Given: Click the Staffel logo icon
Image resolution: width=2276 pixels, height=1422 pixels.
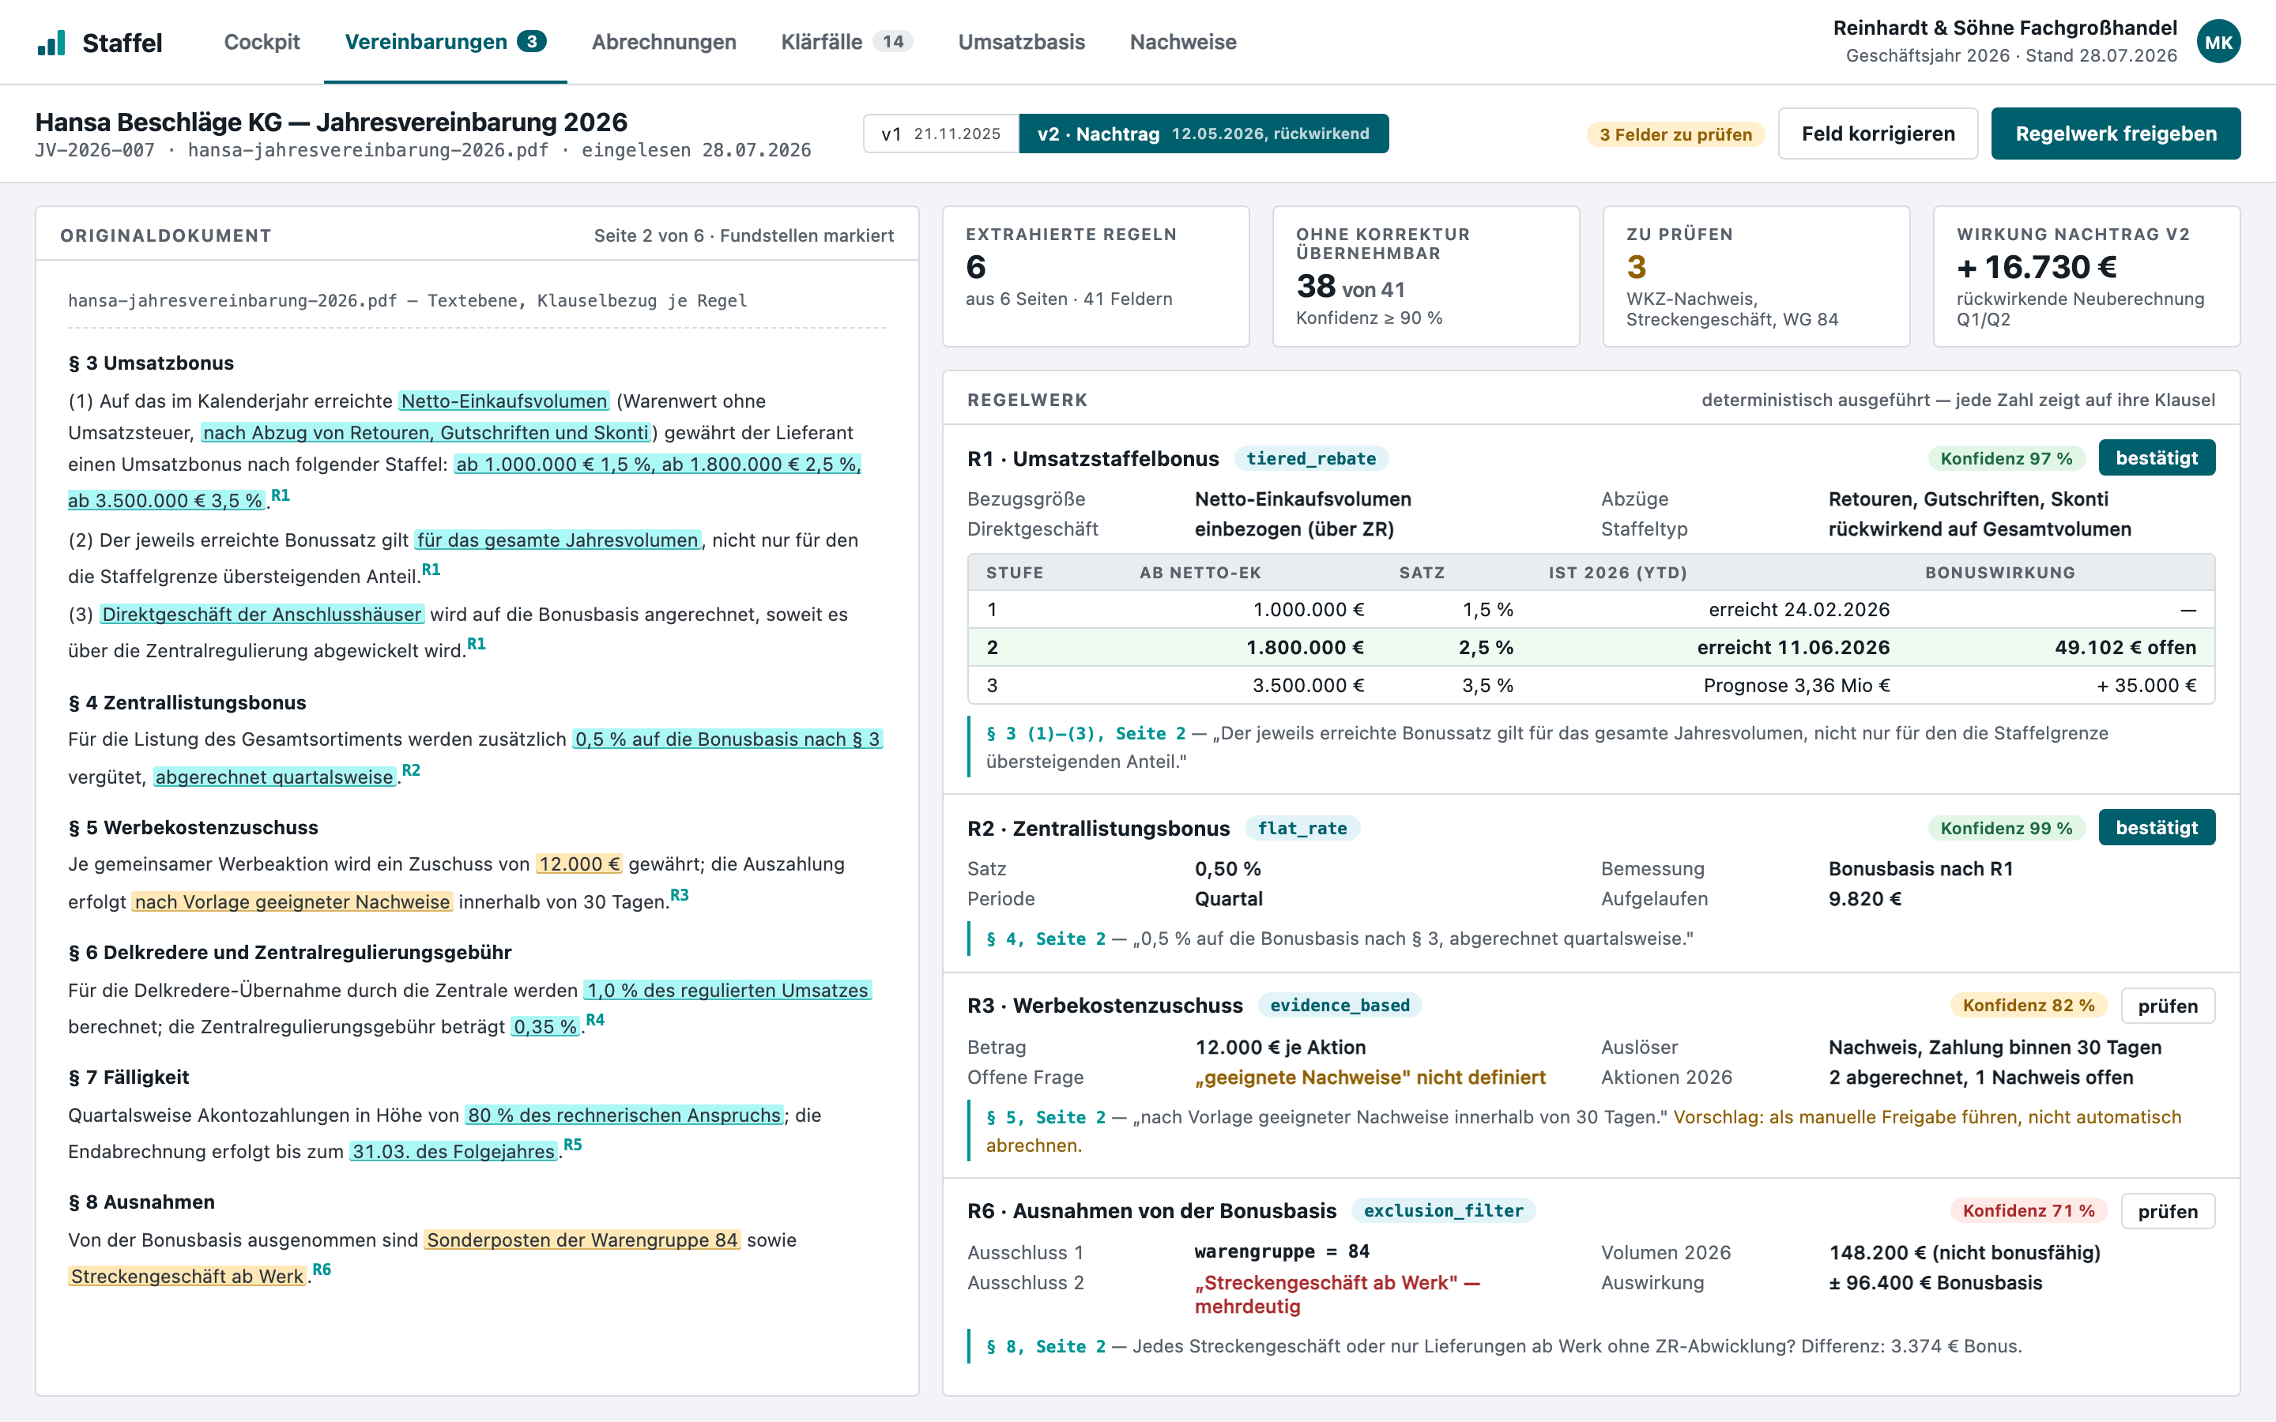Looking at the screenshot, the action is point(51,43).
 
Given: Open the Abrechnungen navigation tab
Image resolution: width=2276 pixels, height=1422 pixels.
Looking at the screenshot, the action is point(663,43).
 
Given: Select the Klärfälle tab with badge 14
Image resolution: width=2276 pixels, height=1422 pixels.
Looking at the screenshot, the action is point(846,43).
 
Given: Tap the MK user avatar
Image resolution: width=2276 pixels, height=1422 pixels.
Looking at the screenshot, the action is point(2218,43).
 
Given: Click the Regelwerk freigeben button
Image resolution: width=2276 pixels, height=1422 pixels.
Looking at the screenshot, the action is point(2115,134).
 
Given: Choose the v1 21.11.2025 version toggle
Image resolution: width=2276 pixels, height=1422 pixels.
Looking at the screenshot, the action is point(940,134).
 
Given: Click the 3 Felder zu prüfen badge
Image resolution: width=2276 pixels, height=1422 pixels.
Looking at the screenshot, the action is point(1675,134).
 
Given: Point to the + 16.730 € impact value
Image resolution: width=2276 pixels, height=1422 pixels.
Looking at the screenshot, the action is point(2037,267).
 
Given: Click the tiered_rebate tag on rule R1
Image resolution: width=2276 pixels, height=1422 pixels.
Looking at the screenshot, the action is point(1311,459).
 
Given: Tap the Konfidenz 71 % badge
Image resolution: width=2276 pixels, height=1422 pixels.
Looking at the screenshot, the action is point(2029,1210).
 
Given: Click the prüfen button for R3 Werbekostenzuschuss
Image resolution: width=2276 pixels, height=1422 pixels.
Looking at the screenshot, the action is point(2167,1006).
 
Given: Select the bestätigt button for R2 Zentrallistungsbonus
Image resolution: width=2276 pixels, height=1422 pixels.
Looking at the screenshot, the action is point(2157,828).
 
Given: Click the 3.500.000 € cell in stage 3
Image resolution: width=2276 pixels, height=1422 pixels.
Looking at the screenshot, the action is point(1307,686).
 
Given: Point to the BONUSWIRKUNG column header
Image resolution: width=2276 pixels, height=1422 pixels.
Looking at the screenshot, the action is point(1999,573).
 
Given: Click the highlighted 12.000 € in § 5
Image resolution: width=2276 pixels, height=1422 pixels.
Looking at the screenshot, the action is point(579,864).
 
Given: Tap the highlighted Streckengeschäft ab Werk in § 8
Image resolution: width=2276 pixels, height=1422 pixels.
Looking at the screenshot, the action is point(187,1276).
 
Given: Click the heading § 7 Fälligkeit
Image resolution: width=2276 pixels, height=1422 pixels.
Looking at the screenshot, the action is point(129,1077).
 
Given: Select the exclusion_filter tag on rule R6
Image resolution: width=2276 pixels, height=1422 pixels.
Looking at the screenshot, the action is point(1443,1210).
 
